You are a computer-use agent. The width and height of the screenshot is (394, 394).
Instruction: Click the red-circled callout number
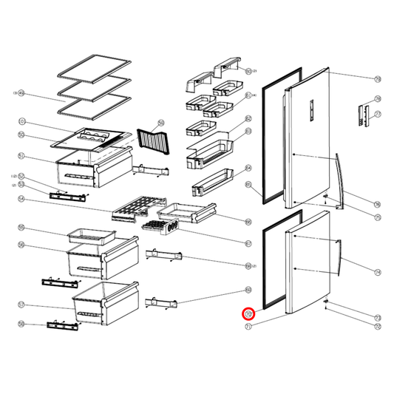click(248, 313)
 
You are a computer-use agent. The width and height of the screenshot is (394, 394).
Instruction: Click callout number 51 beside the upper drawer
click(21, 155)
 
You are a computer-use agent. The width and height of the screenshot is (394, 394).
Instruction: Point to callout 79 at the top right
click(377, 78)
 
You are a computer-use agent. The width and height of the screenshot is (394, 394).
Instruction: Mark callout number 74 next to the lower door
click(377, 272)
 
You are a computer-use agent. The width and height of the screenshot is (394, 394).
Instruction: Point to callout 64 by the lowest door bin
click(248, 168)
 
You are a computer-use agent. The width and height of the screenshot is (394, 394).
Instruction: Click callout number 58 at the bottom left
click(21, 324)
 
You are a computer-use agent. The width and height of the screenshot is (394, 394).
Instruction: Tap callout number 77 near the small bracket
click(377, 115)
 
